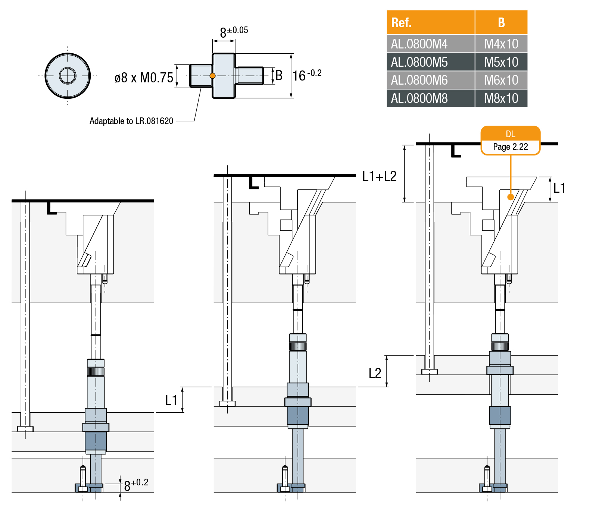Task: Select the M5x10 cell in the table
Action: tap(501, 62)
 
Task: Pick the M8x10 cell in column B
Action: tap(501, 98)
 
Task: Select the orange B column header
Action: tap(501, 23)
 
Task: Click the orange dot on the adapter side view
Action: tap(212, 76)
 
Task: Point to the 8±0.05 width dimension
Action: tap(233, 32)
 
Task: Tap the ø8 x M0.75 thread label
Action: tap(144, 78)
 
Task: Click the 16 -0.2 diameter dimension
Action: tap(306, 76)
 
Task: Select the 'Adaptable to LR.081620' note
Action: tap(131, 121)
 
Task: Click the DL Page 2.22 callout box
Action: tap(510, 141)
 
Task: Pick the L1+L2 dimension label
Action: tap(379, 176)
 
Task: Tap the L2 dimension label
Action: tap(375, 373)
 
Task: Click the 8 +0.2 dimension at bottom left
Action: tap(135, 485)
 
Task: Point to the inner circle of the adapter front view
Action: tap(68, 76)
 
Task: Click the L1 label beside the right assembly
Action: tap(559, 188)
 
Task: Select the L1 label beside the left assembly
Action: tap(171, 400)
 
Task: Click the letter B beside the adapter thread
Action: tap(279, 76)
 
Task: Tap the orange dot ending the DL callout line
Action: tap(511, 197)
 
